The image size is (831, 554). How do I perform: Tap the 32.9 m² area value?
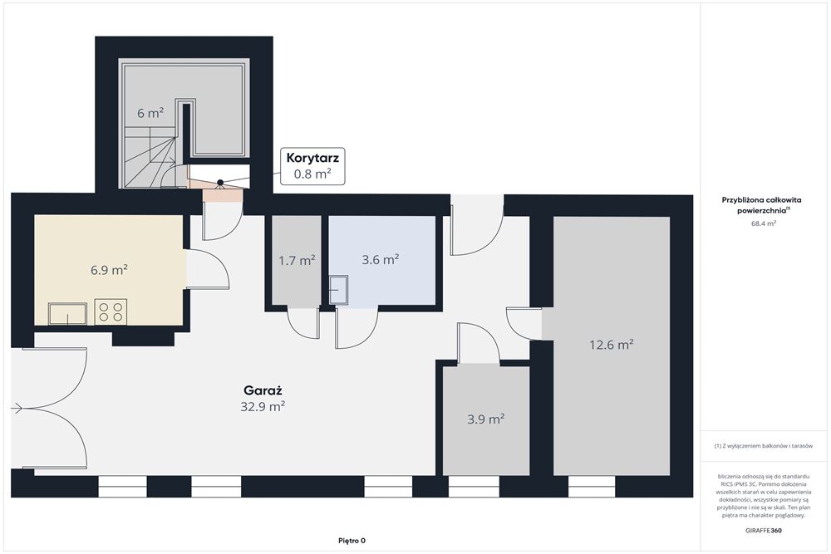tap(263, 407)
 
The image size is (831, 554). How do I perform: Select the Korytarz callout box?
tap(312, 166)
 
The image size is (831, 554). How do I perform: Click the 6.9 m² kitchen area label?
tap(109, 270)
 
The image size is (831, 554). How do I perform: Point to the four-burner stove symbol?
tap(111, 311)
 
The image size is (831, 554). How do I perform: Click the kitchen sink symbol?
tap(68, 313)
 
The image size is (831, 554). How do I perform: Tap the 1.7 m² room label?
tap(297, 261)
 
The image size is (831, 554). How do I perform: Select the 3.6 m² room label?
tap(381, 259)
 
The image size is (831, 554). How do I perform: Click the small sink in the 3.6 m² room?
tap(339, 290)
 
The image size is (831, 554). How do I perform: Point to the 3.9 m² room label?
tap(485, 419)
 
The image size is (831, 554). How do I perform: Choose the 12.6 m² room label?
tap(612, 345)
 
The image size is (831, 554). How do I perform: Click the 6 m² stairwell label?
tap(150, 113)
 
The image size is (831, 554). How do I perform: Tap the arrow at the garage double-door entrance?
tap(17, 408)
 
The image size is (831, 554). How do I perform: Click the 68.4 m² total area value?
tap(763, 223)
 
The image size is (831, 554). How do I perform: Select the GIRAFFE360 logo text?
tap(763, 530)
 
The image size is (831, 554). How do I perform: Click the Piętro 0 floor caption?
tap(352, 541)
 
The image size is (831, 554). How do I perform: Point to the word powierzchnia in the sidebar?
tap(761, 211)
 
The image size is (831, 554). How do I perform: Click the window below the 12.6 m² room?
tap(592, 487)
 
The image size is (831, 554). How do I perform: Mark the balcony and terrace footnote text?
tap(763, 446)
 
